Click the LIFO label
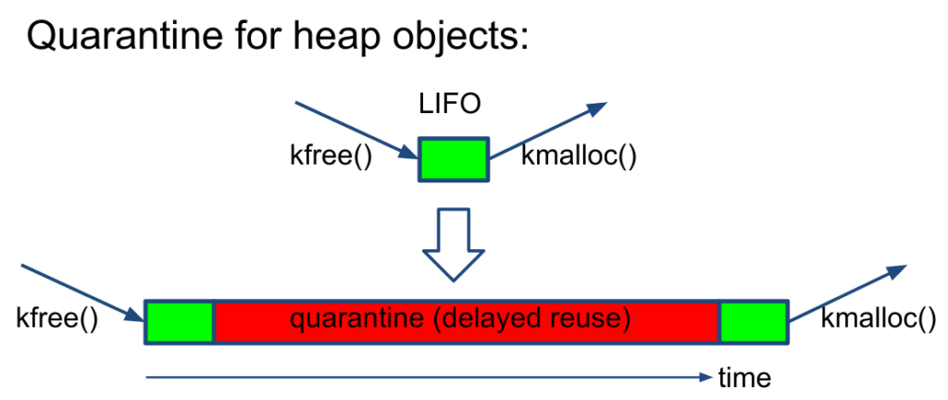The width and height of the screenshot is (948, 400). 451,104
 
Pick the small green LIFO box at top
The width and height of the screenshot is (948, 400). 454,158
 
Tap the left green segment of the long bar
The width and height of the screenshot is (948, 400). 181,321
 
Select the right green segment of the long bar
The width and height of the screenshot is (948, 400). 754,321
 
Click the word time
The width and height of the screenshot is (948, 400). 744,378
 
